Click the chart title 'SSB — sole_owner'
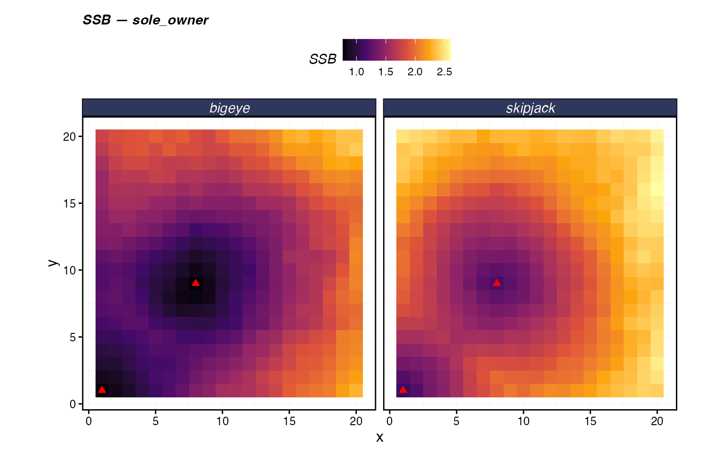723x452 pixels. [145, 20]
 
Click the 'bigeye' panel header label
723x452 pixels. [229, 108]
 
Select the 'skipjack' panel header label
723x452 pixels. [530, 108]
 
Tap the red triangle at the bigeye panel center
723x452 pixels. [196, 282]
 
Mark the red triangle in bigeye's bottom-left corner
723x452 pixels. [102, 389]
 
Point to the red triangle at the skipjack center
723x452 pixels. [497, 282]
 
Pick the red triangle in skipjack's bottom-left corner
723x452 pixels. [403, 389]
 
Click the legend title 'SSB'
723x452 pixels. [323, 59]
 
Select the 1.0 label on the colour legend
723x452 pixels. [356, 72]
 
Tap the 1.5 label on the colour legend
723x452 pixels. [386, 72]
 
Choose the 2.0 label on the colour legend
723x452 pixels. [415, 72]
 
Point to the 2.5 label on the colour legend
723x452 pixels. [444, 72]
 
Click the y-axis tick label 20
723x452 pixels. [69, 137]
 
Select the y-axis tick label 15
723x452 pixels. [69, 203]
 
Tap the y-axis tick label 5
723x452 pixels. [72, 337]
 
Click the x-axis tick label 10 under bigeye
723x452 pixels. [222, 421]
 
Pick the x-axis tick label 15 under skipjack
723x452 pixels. [590, 421]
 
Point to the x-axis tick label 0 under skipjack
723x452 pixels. [390, 421]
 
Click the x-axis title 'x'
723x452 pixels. [379, 437]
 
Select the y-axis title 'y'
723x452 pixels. [53, 263]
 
